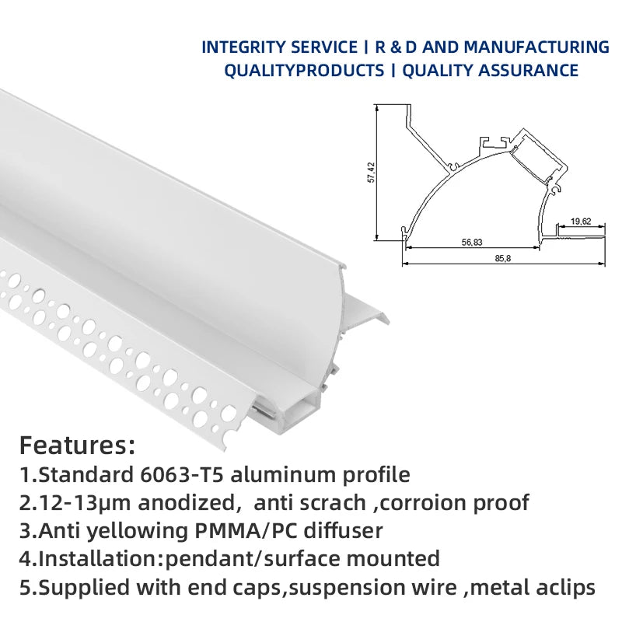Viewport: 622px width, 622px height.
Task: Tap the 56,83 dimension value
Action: tap(471, 242)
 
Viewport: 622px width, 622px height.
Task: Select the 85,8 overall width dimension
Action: tap(502, 258)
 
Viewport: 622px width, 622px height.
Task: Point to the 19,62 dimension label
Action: tap(581, 221)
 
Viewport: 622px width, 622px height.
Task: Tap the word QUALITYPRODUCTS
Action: tap(304, 71)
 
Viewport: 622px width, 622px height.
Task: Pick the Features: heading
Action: tap(77, 446)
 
